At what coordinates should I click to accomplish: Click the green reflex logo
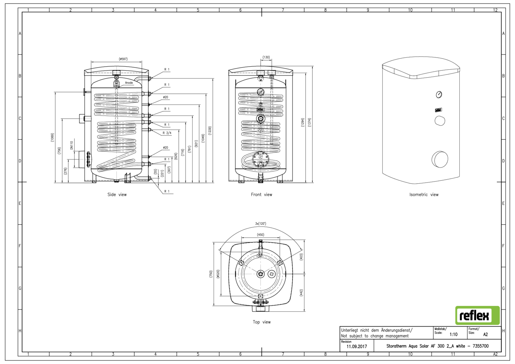click(477, 315)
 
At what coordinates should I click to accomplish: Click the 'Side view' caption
click(117, 195)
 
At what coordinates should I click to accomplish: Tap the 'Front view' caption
click(261, 195)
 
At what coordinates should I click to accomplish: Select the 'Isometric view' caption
click(424, 195)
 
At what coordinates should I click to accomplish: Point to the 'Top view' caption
click(262, 322)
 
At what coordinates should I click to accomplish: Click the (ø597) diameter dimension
click(123, 59)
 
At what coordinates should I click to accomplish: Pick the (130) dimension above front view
click(266, 57)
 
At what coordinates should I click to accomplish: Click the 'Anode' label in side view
click(129, 83)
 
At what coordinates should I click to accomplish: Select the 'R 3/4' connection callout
click(167, 133)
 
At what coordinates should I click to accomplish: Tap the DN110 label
click(72, 145)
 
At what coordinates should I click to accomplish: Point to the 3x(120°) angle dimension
click(261, 224)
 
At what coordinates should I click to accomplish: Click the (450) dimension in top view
click(261, 235)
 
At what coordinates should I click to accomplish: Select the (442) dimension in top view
click(301, 293)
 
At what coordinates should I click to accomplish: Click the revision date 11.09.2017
click(356, 346)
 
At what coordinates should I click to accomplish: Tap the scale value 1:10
click(453, 334)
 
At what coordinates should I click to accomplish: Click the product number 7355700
click(480, 346)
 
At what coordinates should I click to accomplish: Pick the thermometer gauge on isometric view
click(439, 94)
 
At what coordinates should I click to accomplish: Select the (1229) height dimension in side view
click(210, 130)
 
